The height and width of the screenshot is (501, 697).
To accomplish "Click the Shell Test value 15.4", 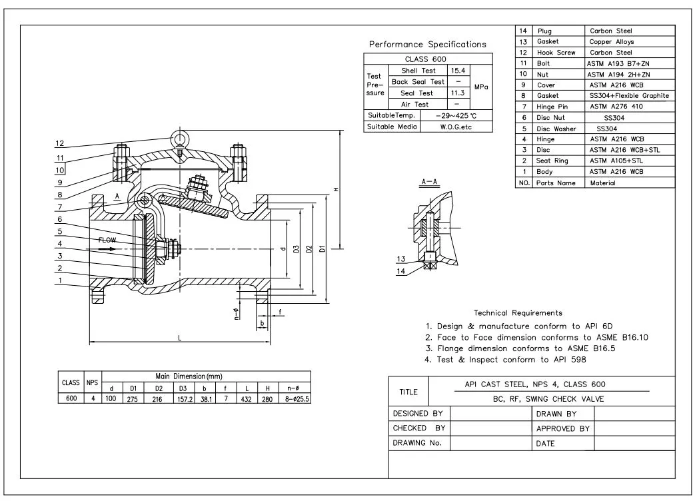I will pos(457,70).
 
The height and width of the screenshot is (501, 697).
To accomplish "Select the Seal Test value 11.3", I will pos(457,93).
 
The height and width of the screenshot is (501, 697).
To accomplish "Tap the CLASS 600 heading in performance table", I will pos(426,59).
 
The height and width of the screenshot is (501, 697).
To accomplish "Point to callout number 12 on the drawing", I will pos(60,143).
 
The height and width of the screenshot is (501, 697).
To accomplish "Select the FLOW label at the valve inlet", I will pos(107,240).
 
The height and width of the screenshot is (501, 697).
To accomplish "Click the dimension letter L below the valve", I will pos(180,338).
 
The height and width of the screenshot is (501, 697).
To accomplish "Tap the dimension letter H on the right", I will pos(336,190).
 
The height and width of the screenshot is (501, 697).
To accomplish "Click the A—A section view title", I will pos(430,181).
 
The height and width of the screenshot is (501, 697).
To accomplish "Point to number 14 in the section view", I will pos(400,270).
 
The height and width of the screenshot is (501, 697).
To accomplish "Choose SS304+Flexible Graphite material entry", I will pos(628,96).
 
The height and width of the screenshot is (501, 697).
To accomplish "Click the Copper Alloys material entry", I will pos(612,41).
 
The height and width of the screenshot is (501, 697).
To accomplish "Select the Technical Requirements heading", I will pos(518,312).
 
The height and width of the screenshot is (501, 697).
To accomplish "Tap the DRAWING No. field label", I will pos(417,443).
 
